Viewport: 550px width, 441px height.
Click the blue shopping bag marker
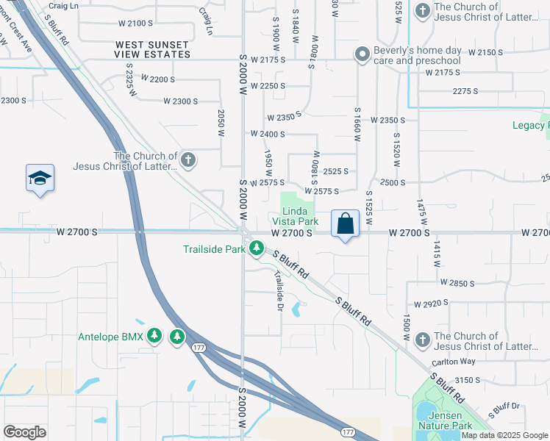(345, 223)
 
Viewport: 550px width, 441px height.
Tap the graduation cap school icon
(40, 178)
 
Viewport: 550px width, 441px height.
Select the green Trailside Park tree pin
(256, 249)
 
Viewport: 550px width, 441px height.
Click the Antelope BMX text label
(111, 337)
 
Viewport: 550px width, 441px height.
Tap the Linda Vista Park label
(295, 216)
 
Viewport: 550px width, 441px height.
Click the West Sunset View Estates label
(152, 49)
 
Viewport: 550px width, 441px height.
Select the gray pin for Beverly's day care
(361, 54)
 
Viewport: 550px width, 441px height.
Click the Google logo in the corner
(24, 432)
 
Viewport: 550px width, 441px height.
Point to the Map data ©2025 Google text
(505, 435)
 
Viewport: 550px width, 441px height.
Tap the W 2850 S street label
(459, 282)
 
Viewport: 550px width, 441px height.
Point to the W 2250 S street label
(268, 86)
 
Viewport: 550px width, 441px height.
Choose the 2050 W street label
(220, 123)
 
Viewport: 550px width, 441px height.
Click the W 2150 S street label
(479, 52)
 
